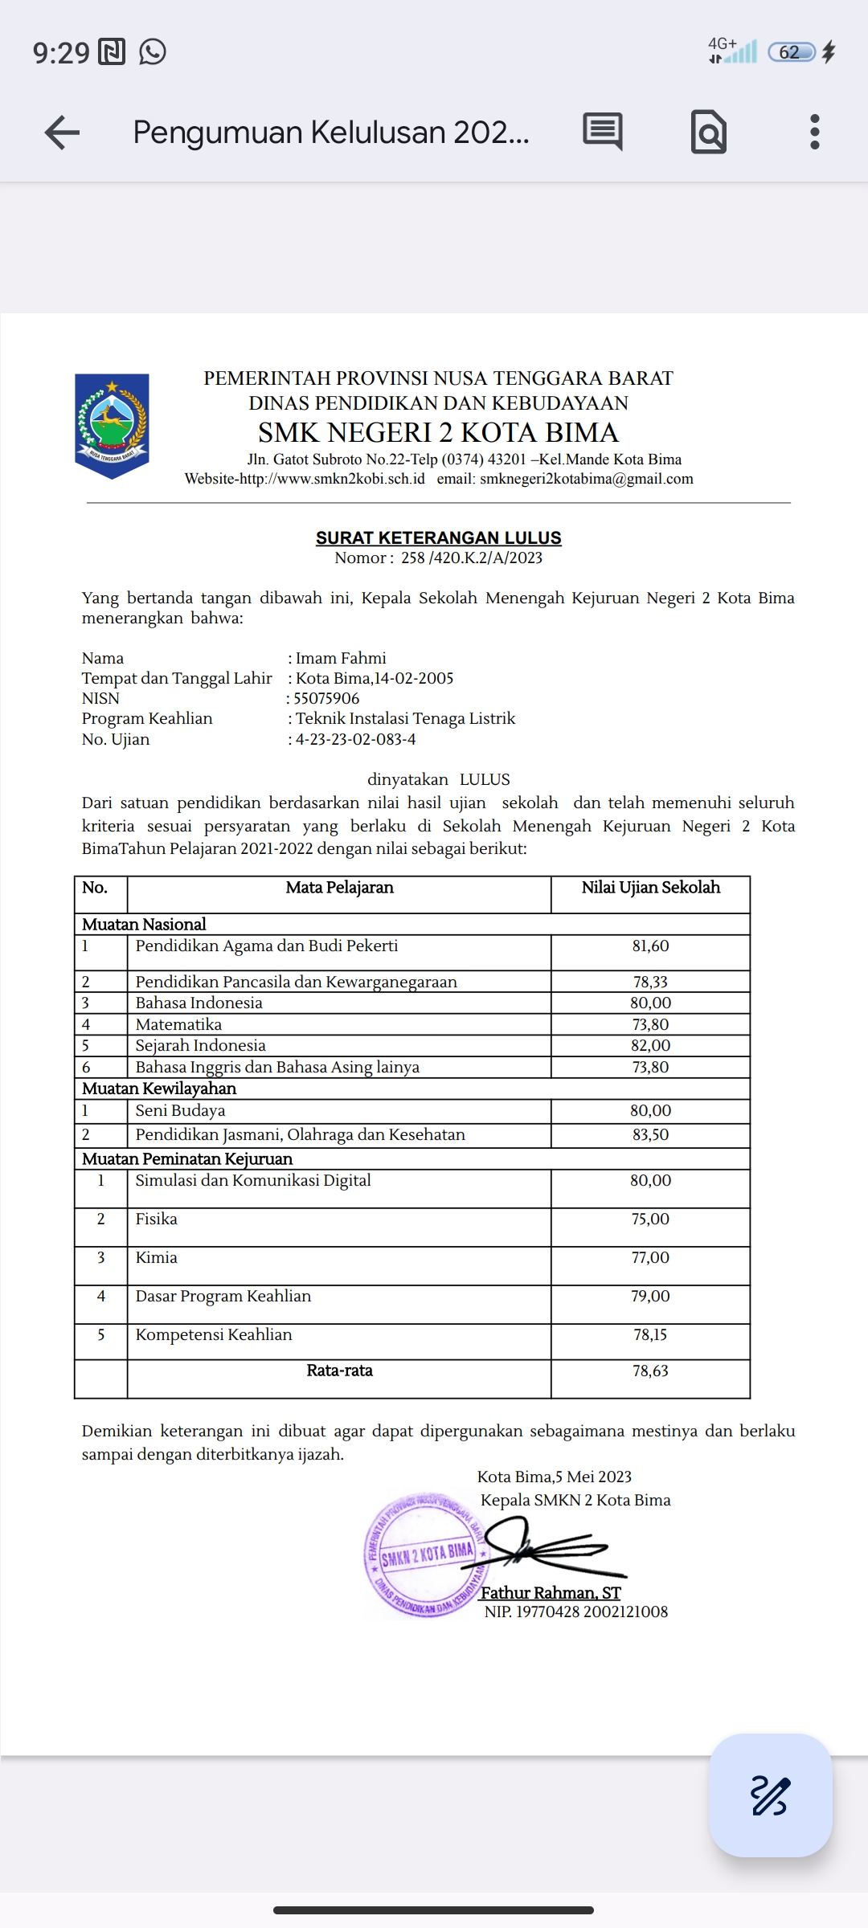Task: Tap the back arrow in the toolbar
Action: (x=62, y=133)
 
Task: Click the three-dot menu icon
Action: (x=814, y=132)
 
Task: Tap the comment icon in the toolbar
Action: (x=603, y=131)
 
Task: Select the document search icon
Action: (x=708, y=133)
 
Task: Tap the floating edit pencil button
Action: (x=770, y=1795)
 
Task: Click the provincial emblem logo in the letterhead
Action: (x=112, y=426)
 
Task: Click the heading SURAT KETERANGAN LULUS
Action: (x=438, y=537)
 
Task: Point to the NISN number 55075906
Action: (x=326, y=698)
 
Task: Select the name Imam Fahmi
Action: (x=341, y=658)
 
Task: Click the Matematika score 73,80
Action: (x=650, y=1024)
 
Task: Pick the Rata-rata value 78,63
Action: (x=650, y=1370)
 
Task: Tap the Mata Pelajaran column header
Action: (x=339, y=888)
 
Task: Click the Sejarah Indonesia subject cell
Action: (x=200, y=1045)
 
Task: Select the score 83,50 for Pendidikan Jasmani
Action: (x=650, y=1134)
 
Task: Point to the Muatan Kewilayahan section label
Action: (x=159, y=1089)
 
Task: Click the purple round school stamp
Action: (x=424, y=1555)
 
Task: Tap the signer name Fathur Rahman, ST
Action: (x=551, y=1592)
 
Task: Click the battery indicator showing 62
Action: (x=792, y=52)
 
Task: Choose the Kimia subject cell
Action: (x=157, y=1257)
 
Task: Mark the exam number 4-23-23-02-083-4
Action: (x=355, y=739)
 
